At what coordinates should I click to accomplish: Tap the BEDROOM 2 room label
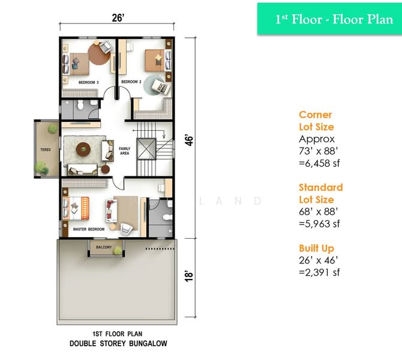click(x=131, y=82)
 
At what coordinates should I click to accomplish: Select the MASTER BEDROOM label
click(x=89, y=229)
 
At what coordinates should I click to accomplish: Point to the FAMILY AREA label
click(x=125, y=151)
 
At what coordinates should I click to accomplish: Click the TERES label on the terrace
click(x=45, y=147)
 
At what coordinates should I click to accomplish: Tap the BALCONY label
click(x=103, y=246)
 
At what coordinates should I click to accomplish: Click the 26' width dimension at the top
click(x=118, y=18)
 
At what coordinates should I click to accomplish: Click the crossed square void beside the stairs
click(x=145, y=148)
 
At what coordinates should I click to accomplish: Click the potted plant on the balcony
click(x=118, y=250)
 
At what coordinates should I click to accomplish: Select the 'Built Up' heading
click(x=316, y=248)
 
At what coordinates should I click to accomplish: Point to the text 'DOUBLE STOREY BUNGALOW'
click(x=117, y=344)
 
